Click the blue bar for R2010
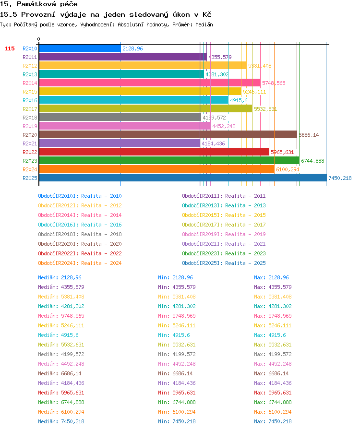(x=80, y=48)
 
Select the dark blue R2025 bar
(x=183, y=178)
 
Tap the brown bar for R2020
(x=168, y=135)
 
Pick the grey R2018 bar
(x=120, y=118)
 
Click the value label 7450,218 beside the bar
(x=340, y=178)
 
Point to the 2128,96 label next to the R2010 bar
(x=132, y=48)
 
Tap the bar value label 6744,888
(x=312, y=161)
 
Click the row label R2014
(x=30, y=83)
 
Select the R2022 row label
(x=30, y=152)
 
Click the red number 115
(x=10, y=48)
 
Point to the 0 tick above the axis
(x=39, y=39)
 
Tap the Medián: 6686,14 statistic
(x=60, y=373)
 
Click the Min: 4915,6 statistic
(x=174, y=335)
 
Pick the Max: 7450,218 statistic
(x=273, y=421)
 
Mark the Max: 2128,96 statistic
(x=271, y=277)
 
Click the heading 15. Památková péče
(x=39, y=4)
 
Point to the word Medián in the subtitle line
(x=204, y=24)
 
